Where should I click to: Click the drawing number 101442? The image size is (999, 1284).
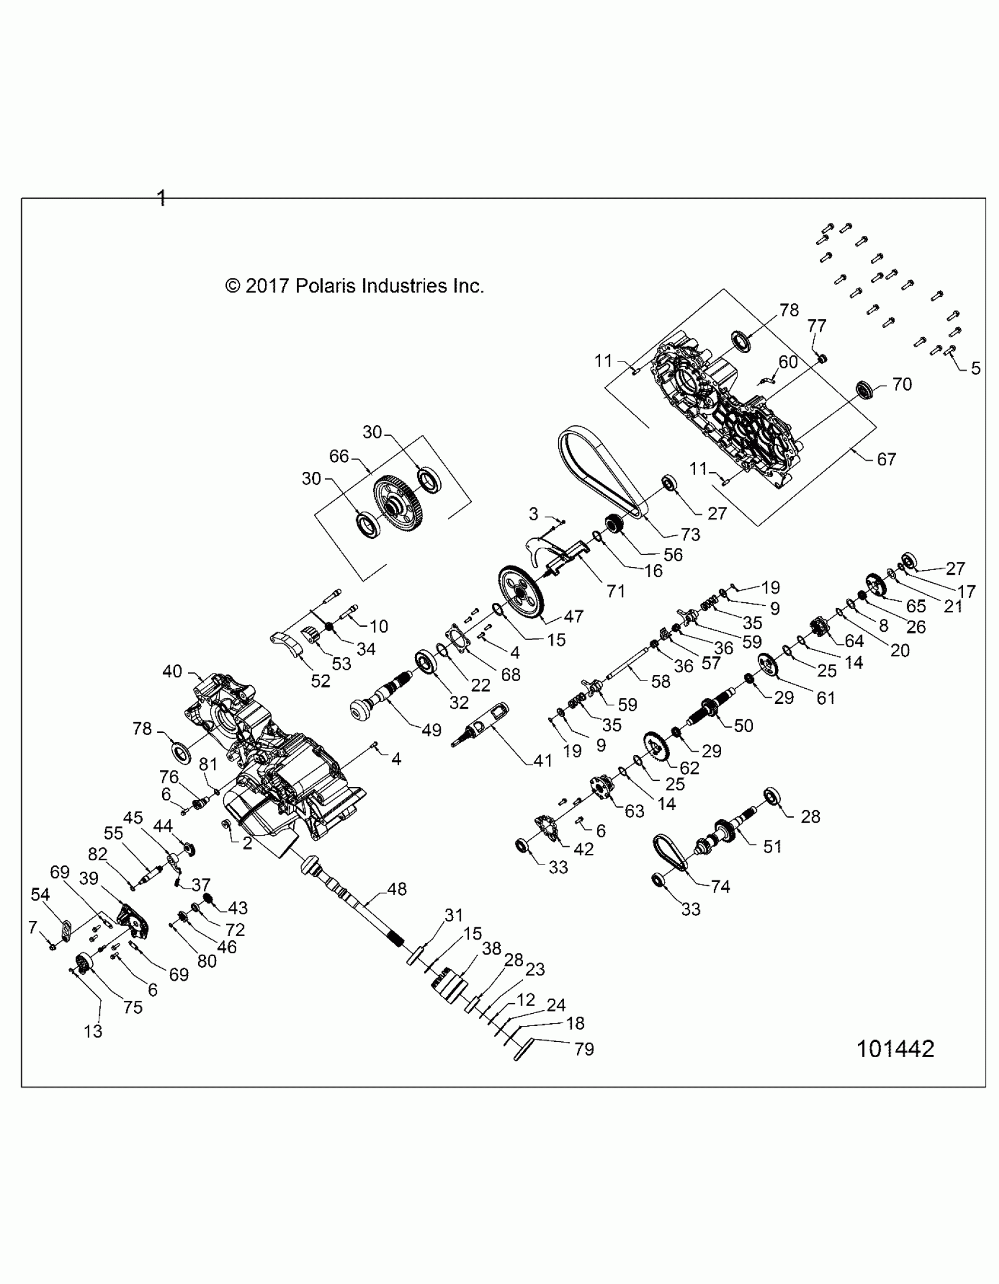pyautogui.click(x=895, y=1049)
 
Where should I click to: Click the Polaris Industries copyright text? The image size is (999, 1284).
pyautogui.click(x=354, y=286)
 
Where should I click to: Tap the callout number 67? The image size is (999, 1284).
pyautogui.click(x=886, y=459)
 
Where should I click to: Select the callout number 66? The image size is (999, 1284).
pyautogui.click(x=338, y=455)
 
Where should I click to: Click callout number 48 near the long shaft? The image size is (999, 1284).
pyautogui.click(x=397, y=889)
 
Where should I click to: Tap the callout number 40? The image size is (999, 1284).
pyautogui.click(x=172, y=671)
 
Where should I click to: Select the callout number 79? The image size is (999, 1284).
pyautogui.click(x=584, y=1050)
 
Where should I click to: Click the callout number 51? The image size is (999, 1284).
pyautogui.click(x=772, y=847)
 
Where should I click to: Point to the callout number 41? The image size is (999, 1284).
pyautogui.click(x=542, y=761)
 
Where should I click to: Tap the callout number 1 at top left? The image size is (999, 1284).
pyautogui.click(x=162, y=198)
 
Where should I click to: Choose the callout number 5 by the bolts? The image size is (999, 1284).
pyautogui.click(x=975, y=368)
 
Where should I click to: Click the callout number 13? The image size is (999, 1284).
pyautogui.click(x=93, y=1031)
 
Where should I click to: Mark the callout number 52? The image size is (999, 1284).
pyautogui.click(x=320, y=681)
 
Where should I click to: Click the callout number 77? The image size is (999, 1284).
pyautogui.click(x=816, y=326)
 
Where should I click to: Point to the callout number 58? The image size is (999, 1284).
pyautogui.click(x=661, y=682)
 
